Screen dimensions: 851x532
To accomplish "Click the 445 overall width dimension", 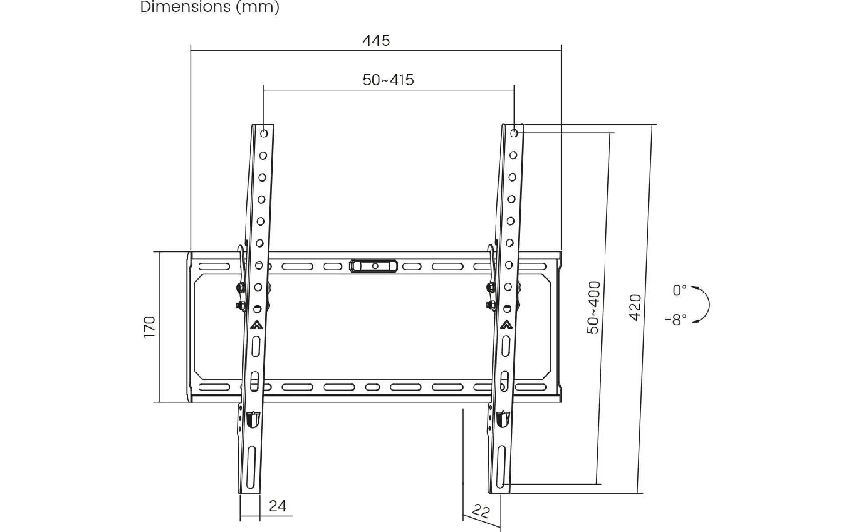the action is (376, 41).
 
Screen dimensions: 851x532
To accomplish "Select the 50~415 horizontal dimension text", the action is (388, 80).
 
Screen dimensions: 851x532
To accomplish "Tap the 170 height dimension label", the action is (150, 327).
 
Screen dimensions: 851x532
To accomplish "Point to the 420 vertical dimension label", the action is (635, 307).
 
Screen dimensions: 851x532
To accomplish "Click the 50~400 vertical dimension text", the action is (593, 307).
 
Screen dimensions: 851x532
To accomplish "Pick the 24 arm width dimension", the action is (278, 506).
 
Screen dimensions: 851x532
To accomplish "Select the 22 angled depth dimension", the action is (480, 511).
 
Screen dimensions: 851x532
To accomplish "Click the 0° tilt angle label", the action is (679, 290).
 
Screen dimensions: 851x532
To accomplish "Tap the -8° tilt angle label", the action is (676, 319).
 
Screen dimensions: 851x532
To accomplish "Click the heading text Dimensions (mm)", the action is (210, 7).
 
